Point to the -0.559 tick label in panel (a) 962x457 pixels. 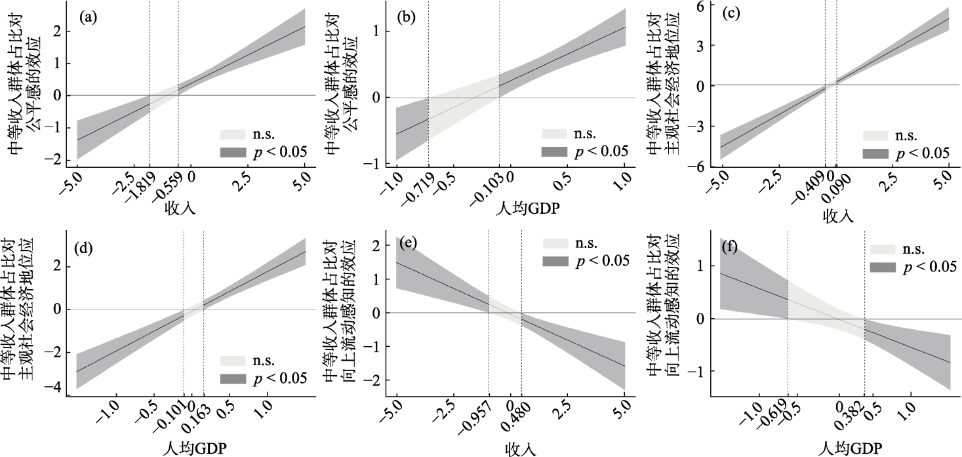tap(167, 193)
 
